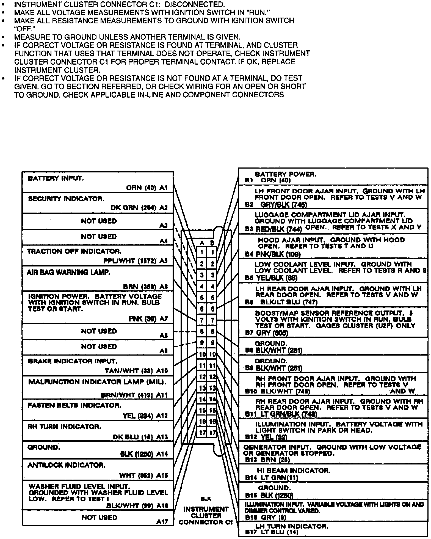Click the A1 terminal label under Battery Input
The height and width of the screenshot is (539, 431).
[163, 188]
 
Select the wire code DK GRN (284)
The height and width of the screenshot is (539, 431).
[133, 208]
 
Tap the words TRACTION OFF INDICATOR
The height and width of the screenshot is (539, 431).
[74, 251]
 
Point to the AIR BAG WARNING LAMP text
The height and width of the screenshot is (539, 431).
[68, 273]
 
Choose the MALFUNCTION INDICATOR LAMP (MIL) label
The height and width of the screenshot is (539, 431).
[98, 382]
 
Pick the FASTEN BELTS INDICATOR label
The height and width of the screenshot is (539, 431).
[74, 405]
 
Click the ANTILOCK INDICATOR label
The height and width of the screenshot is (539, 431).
[67, 465]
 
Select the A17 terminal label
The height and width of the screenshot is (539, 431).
[162, 521]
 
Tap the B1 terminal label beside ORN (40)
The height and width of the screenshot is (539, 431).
[249, 180]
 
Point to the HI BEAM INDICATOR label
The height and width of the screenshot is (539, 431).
[294, 471]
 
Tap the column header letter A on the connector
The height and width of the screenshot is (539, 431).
[202, 243]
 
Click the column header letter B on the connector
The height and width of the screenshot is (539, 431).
[212, 243]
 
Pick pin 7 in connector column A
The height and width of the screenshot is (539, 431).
[202, 320]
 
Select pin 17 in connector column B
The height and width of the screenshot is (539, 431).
[212, 433]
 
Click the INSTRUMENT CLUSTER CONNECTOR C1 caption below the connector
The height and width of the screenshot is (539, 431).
[206, 516]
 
